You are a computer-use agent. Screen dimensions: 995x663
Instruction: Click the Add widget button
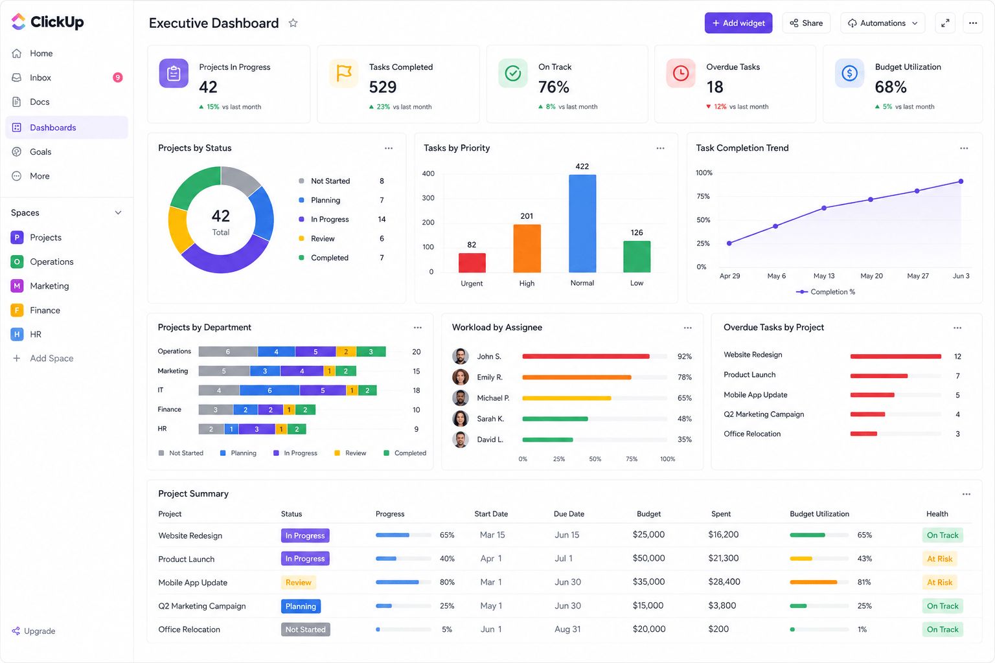738,23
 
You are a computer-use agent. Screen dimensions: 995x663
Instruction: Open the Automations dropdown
882,23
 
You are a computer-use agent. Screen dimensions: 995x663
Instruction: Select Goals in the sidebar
40,152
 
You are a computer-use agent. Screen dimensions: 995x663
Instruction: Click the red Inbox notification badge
118,78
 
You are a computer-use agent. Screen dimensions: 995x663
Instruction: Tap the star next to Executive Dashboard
293,23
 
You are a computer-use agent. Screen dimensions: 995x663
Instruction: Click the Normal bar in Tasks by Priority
582,223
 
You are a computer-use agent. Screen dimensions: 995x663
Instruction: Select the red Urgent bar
472,262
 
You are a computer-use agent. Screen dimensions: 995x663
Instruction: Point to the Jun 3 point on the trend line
961,181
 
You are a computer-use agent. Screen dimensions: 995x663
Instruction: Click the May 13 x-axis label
824,276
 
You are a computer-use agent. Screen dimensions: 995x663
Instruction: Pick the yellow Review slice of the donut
179,230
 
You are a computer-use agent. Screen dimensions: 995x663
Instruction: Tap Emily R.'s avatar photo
460,377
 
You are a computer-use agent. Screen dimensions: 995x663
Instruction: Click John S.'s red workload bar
586,356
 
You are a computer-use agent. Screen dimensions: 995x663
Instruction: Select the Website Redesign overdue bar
895,356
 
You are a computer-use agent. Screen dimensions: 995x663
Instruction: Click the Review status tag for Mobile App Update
299,582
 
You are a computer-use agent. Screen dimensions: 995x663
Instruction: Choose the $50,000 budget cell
648,558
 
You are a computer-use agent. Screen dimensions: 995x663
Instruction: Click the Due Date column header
569,514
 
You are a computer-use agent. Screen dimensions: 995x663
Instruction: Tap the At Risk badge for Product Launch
939,559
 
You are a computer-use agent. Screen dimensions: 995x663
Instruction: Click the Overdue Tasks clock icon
681,73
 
